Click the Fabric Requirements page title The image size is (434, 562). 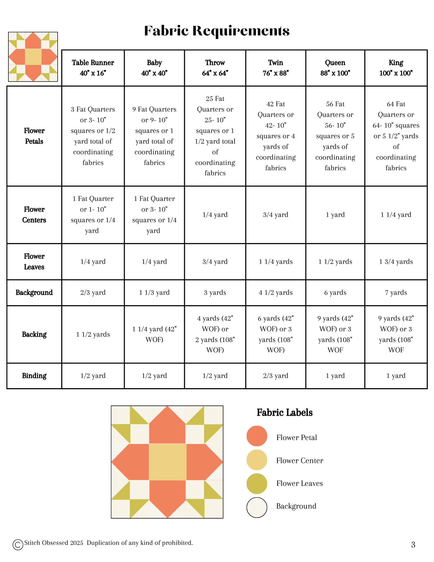(x=217, y=31)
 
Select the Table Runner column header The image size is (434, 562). (x=93, y=68)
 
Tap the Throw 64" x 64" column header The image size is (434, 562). (x=215, y=68)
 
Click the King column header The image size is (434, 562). (x=396, y=68)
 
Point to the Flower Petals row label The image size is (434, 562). (x=34, y=136)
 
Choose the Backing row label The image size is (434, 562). (x=34, y=334)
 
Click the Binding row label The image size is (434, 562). (x=34, y=376)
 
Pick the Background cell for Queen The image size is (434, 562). (x=335, y=293)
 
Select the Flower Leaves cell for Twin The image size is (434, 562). (x=276, y=262)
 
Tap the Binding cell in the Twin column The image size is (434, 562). (x=276, y=376)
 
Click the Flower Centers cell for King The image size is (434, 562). (x=396, y=215)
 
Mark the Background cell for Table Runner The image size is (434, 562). (x=93, y=293)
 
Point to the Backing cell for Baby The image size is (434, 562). (x=154, y=334)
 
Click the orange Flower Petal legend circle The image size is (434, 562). (x=257, y=436)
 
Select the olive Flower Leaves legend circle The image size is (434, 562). (x=257, y=484)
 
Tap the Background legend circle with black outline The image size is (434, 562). (x=257, y=507)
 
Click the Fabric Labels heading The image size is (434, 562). (x=284, y=413)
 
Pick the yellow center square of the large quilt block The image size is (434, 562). (x=167, y=462)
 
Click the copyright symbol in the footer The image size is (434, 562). (x=18, y=545)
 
